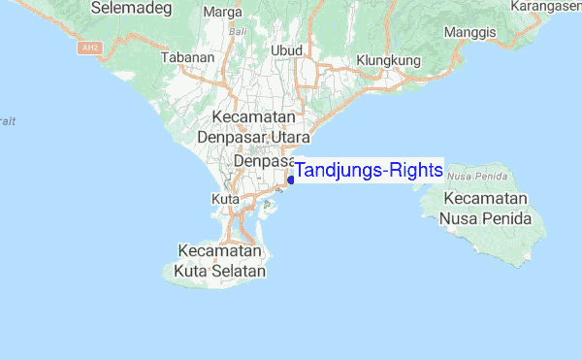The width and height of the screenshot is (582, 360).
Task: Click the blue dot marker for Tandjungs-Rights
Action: point(291,180)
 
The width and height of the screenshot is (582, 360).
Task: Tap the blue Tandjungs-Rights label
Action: point(369,171)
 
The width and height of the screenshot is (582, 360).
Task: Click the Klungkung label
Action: point(387,60)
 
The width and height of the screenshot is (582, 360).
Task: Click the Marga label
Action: point(223,13)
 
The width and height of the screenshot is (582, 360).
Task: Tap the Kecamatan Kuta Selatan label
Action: point(219,261)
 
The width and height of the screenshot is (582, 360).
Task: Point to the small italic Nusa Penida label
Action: point(473,177)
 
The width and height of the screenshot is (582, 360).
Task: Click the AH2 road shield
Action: point(91,47)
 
